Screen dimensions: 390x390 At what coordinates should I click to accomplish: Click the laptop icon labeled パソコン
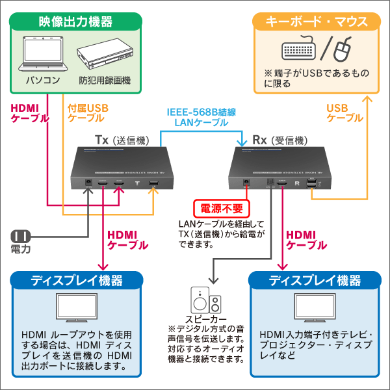[x=43, y=56]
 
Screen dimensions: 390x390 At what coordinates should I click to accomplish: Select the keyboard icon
[x=300, y=50]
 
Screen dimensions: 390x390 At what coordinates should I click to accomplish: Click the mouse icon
[x=344, y=48]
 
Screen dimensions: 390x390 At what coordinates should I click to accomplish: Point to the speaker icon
[x=207, y=300]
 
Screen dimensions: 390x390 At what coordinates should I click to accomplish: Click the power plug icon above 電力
[x=19, y=236]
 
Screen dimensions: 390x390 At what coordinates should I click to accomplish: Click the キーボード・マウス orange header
[x=315, y=22]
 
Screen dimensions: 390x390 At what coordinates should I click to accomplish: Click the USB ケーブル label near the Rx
[x=344, y=113]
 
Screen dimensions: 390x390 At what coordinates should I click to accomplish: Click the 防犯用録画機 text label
[x=105, y=81]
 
